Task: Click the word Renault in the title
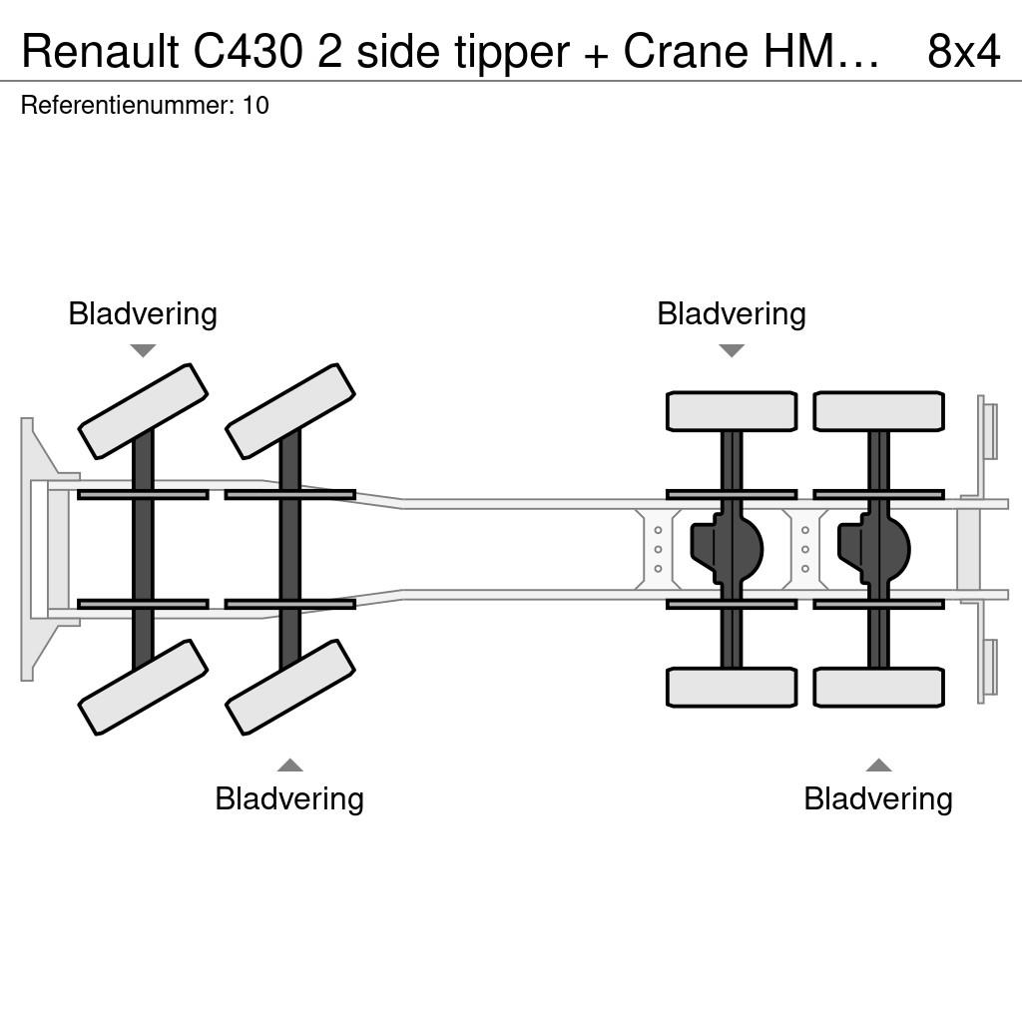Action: point(101,51)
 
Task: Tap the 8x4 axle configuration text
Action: point(964,51)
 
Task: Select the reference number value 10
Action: point(255,105)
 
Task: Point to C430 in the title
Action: point(248,51)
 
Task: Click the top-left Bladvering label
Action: point(143,314)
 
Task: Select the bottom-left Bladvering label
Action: point(289,799)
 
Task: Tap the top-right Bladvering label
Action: point(732,314)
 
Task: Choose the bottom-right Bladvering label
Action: point(878,799)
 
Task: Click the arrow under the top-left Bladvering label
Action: point(144,350)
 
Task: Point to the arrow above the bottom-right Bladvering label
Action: point(878,766)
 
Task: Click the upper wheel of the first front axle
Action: point(143,411)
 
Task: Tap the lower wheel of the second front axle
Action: point(290,688)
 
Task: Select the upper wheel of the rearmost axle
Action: point(878,411)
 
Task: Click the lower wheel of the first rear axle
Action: point(732,688)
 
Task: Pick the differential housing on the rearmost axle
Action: point(874,549)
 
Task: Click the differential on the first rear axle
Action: point(727,549)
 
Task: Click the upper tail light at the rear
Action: point(989,431)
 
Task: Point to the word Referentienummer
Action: point(127,105)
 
